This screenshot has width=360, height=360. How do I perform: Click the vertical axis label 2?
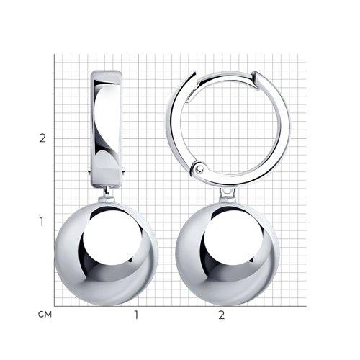42,138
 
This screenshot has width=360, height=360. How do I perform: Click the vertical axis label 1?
42,222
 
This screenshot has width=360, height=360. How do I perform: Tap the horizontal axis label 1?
136,315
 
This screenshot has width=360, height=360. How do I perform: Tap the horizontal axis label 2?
221,315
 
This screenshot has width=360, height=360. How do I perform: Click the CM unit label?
45,314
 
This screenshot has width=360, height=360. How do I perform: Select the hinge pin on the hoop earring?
199,168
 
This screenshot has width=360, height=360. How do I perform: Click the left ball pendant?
107,253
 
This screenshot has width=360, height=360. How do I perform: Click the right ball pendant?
228,253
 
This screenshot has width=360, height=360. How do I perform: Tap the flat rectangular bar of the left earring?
107,129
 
